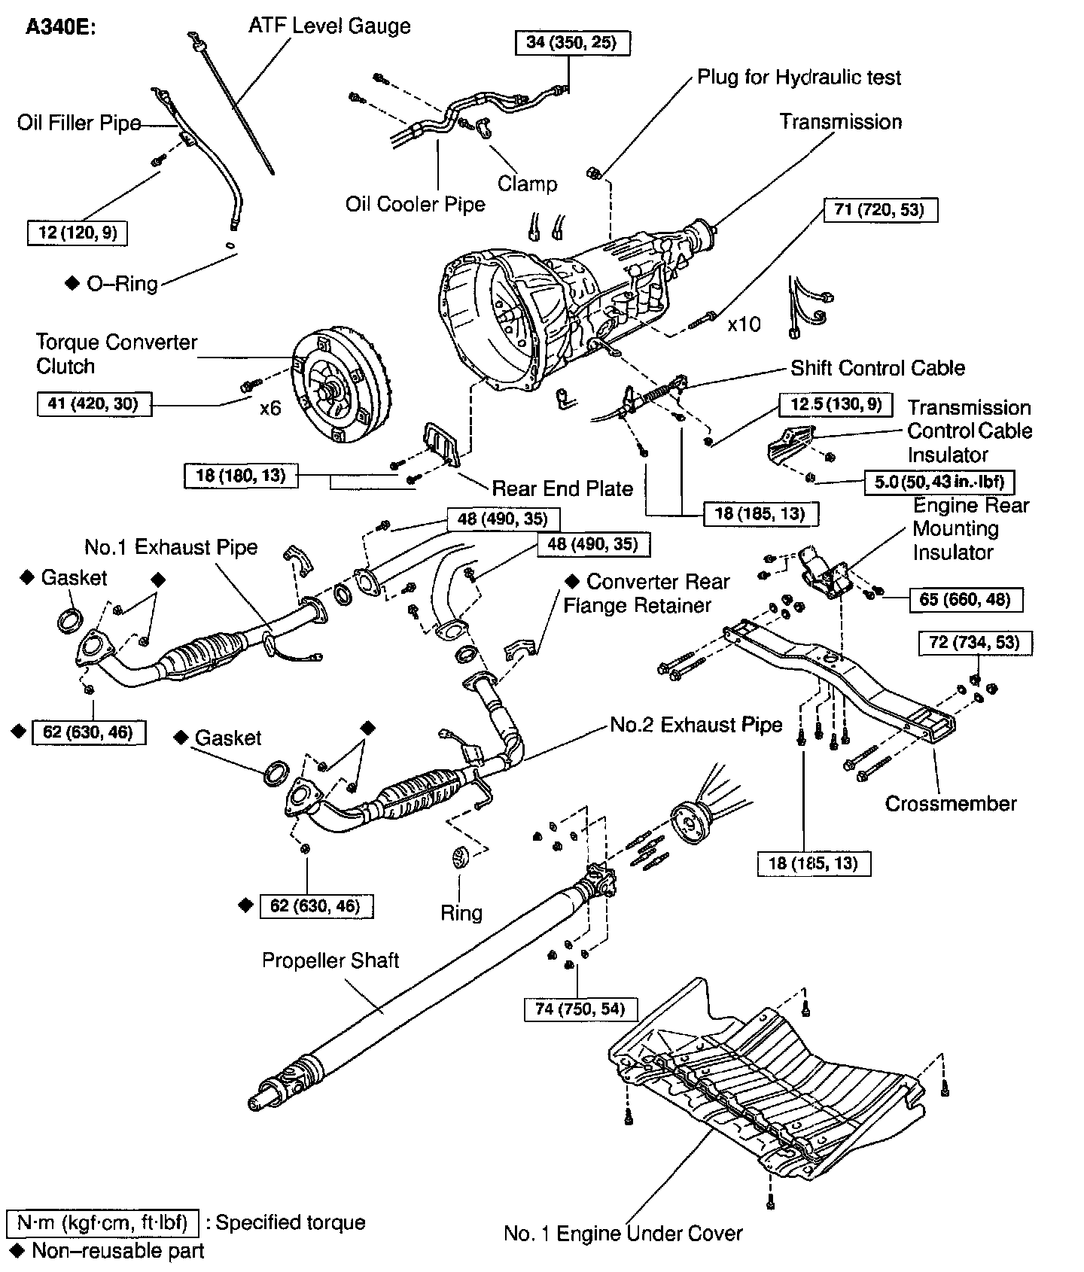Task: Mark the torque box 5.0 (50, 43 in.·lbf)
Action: pyautogui.click(x=944, y=482)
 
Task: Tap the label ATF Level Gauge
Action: pyautogui.click(x=330, y=26)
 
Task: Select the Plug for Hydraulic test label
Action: pyautogui.click(x=799, y=78)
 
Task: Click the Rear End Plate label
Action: pyautogui.click(x=562, y=488)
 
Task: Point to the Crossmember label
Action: pyautogui.click(x=951, y=803)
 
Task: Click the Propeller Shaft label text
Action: pyautogui.click(x=330, y=960)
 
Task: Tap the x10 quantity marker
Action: pyautogui.click(x=744, y=324)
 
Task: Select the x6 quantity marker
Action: pyautogui.click(x=270, y=408)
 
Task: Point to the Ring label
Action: pyautogui.click(x=461, y=913)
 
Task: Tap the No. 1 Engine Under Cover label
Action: pyautogui.click(x=623, y=1234)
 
